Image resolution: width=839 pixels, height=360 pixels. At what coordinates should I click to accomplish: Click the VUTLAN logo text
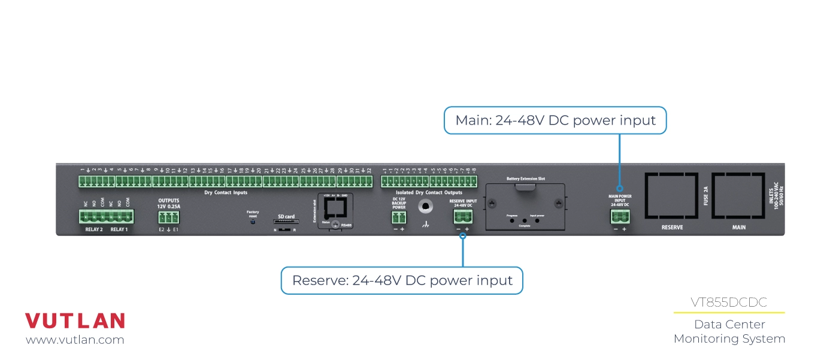pyautogui.click(x=75, y=321)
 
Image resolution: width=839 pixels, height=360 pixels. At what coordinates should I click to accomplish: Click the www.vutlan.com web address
pyautogui.click(x=75, y=340)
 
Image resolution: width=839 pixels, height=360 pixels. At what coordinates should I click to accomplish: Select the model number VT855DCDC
pyautogui.click(x=729, y=302)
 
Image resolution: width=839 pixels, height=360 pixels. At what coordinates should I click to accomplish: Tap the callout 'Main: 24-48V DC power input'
pyautogui.click(x=555, y=120)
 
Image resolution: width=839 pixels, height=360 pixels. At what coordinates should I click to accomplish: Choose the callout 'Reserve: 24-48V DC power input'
pyautogui.click(x=402, y=280)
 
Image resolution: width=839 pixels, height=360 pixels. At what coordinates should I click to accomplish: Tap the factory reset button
pyautogui.click(x=253, y=222)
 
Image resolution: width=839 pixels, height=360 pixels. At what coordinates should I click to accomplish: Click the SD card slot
pyautogui.click(x=286, y=222)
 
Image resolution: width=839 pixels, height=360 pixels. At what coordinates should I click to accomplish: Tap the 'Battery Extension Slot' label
pyautogui.click(x=525, y=179)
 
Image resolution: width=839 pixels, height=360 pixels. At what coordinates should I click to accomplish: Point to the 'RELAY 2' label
pyautogui.click(x=94, y=229)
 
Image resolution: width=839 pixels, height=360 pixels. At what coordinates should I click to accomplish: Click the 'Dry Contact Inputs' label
pyautogui.click(x=226, y=193)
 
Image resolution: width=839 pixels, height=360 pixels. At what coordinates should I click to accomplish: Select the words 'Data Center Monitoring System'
pyautogui.click(x=729, y=332)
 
